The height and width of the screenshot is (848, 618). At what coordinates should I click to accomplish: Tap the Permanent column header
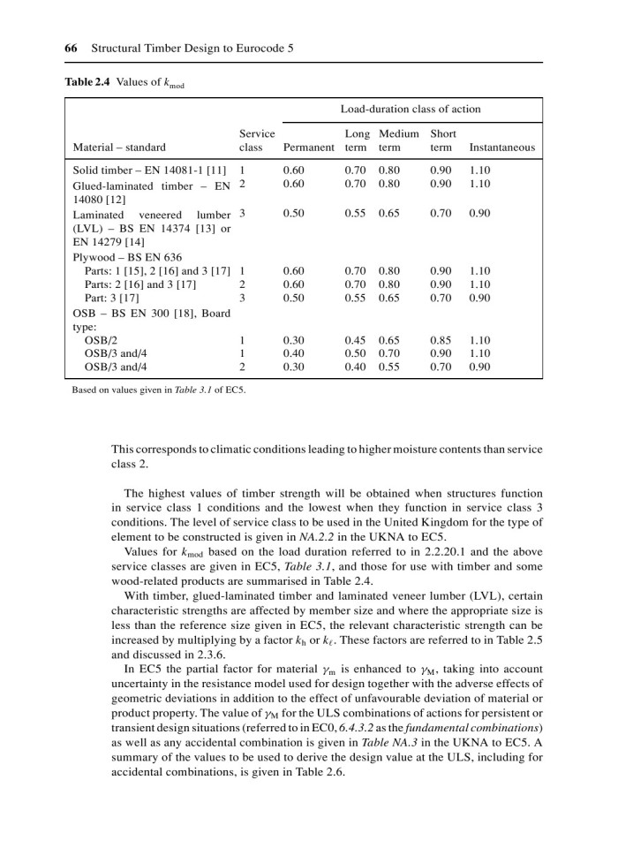pyautogui.click(x=309, y=148)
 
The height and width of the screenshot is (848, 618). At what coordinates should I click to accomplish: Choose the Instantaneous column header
pyautogui.click(x=502, y=148)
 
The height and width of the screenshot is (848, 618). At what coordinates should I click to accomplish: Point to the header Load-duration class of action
pyautogui.click(x=411, y=110)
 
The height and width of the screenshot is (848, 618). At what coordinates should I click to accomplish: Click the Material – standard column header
pyautogui.click(x=119, y=148)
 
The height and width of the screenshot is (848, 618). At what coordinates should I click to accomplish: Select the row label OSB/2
pyautogui.click(x=101, y=339)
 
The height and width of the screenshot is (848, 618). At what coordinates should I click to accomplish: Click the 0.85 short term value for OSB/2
pyautogui.click(x=442, y=339)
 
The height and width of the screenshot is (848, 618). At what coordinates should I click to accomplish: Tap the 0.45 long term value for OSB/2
pyautogui.click(x=355, y=339)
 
